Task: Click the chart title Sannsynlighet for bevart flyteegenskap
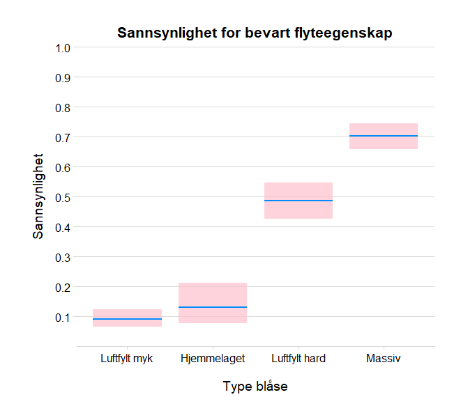255,33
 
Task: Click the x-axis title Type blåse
255,387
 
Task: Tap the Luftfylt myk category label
127,359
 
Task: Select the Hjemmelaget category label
213,359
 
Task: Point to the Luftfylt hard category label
298,359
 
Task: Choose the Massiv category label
384,359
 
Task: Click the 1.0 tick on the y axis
63,48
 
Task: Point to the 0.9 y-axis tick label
63,78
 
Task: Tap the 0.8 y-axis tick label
63,108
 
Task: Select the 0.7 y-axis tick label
63,138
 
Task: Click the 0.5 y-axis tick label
63,198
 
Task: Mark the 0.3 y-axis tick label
63,258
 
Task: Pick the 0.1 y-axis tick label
63,318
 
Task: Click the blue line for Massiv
384,136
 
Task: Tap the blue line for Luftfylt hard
298,201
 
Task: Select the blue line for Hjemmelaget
213,307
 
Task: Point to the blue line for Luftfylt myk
127,319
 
